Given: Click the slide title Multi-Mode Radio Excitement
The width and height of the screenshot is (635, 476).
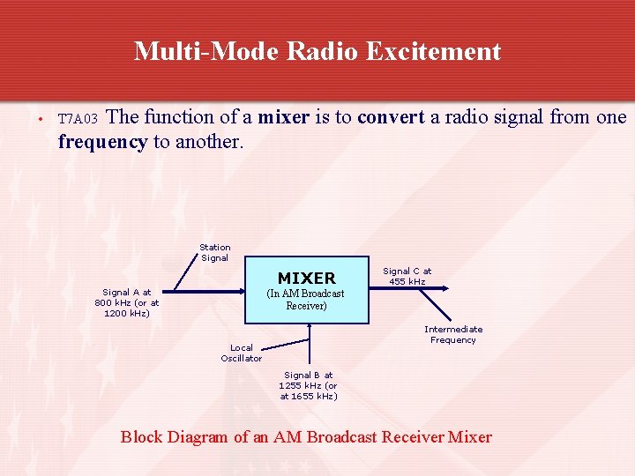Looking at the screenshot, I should point(317,51).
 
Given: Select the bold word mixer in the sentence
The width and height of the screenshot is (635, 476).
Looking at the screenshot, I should point(282,116).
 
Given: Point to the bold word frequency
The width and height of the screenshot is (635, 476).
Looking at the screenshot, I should point(102,141).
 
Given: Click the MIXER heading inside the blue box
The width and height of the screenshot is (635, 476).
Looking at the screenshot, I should point(306,278).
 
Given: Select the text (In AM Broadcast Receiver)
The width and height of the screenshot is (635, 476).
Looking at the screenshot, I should point(306,300).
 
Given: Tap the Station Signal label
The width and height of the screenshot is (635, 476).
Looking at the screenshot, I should point(214,253).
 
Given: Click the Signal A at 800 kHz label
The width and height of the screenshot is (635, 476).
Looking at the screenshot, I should point(127,302).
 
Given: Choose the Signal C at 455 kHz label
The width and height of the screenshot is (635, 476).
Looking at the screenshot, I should point(407,276).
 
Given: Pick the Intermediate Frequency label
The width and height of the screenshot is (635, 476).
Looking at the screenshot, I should point(452,334).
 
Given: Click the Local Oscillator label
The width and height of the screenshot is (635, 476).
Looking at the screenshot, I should point(241,353).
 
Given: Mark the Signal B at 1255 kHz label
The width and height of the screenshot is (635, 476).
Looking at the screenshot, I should point(308,385).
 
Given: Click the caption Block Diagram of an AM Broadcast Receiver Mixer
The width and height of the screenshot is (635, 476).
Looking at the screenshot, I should point(306,436).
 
